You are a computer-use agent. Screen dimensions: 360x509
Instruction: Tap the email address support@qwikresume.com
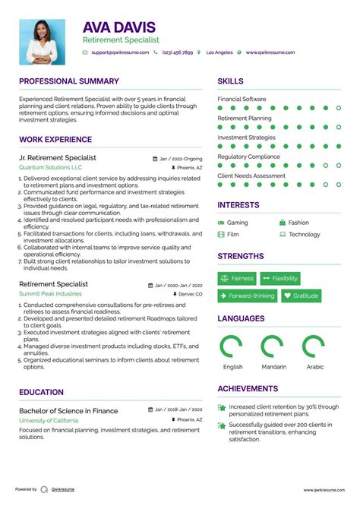coord(119,52)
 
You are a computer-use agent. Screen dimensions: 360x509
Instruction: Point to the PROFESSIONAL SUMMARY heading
coord(69,81)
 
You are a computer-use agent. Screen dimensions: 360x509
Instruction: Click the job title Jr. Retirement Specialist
coord(58,158)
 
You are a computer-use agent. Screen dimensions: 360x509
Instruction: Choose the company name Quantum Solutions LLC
coord(51,167)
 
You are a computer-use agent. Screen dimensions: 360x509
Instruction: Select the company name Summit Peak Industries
coord(50,293)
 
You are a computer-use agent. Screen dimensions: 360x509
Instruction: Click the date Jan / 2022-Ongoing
coord(181,159)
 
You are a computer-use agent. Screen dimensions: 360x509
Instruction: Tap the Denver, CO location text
coord(190,293)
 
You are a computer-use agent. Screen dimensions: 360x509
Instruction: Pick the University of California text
coord(49,419)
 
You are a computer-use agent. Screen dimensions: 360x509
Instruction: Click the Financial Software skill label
coord(242,99)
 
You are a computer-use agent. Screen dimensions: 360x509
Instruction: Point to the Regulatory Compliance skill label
coord(249,156)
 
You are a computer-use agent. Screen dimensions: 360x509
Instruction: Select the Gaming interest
coord(237,223)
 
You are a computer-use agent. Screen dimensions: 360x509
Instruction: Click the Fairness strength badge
coord(237,279)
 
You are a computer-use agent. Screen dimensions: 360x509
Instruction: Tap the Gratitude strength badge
coord(301,296)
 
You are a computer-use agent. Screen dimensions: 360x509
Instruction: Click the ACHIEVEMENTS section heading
coord(248,389)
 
